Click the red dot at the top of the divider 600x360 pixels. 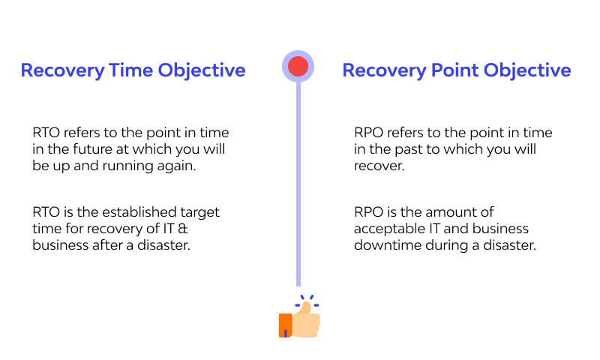[x=298, y=67]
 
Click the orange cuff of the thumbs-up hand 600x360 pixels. [x=285, y=325]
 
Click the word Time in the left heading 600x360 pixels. [x=131, y=70]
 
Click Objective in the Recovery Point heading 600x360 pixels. [x=527, y=70]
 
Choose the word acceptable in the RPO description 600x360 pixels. [x=385, y=229]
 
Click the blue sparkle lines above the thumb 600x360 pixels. [x=307, y=302]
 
